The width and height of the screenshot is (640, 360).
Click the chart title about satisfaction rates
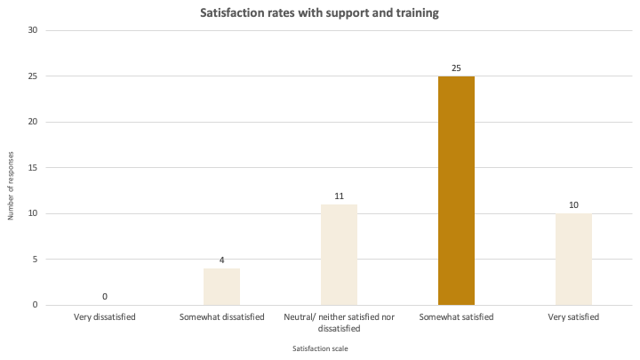pos(320,13)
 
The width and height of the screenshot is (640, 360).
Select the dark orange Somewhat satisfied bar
pos(456,191)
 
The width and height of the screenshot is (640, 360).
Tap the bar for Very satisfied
pos(573,260)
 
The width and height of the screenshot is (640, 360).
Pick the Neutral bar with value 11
pos(339,255)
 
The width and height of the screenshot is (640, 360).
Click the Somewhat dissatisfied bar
pos(221,287)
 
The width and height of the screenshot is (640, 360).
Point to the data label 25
pos(456,68)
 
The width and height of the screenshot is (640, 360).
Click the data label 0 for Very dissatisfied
pos(105,297)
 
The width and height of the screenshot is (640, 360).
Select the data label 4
pos(221,260)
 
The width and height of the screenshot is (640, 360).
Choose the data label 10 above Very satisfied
pos(573,205)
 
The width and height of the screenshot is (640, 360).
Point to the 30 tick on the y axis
pos(33,30)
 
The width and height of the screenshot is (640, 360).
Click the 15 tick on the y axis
pos(33,168)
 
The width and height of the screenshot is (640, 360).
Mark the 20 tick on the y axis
pos(33,122)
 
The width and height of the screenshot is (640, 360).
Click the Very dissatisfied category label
pos(105,316)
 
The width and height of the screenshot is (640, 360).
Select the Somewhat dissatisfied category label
pos(221,316)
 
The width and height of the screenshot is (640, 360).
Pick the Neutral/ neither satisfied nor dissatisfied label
pos(339,322)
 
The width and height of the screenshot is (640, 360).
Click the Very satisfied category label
pos(573,316)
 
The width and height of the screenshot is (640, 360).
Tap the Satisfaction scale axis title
pos(320,348)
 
